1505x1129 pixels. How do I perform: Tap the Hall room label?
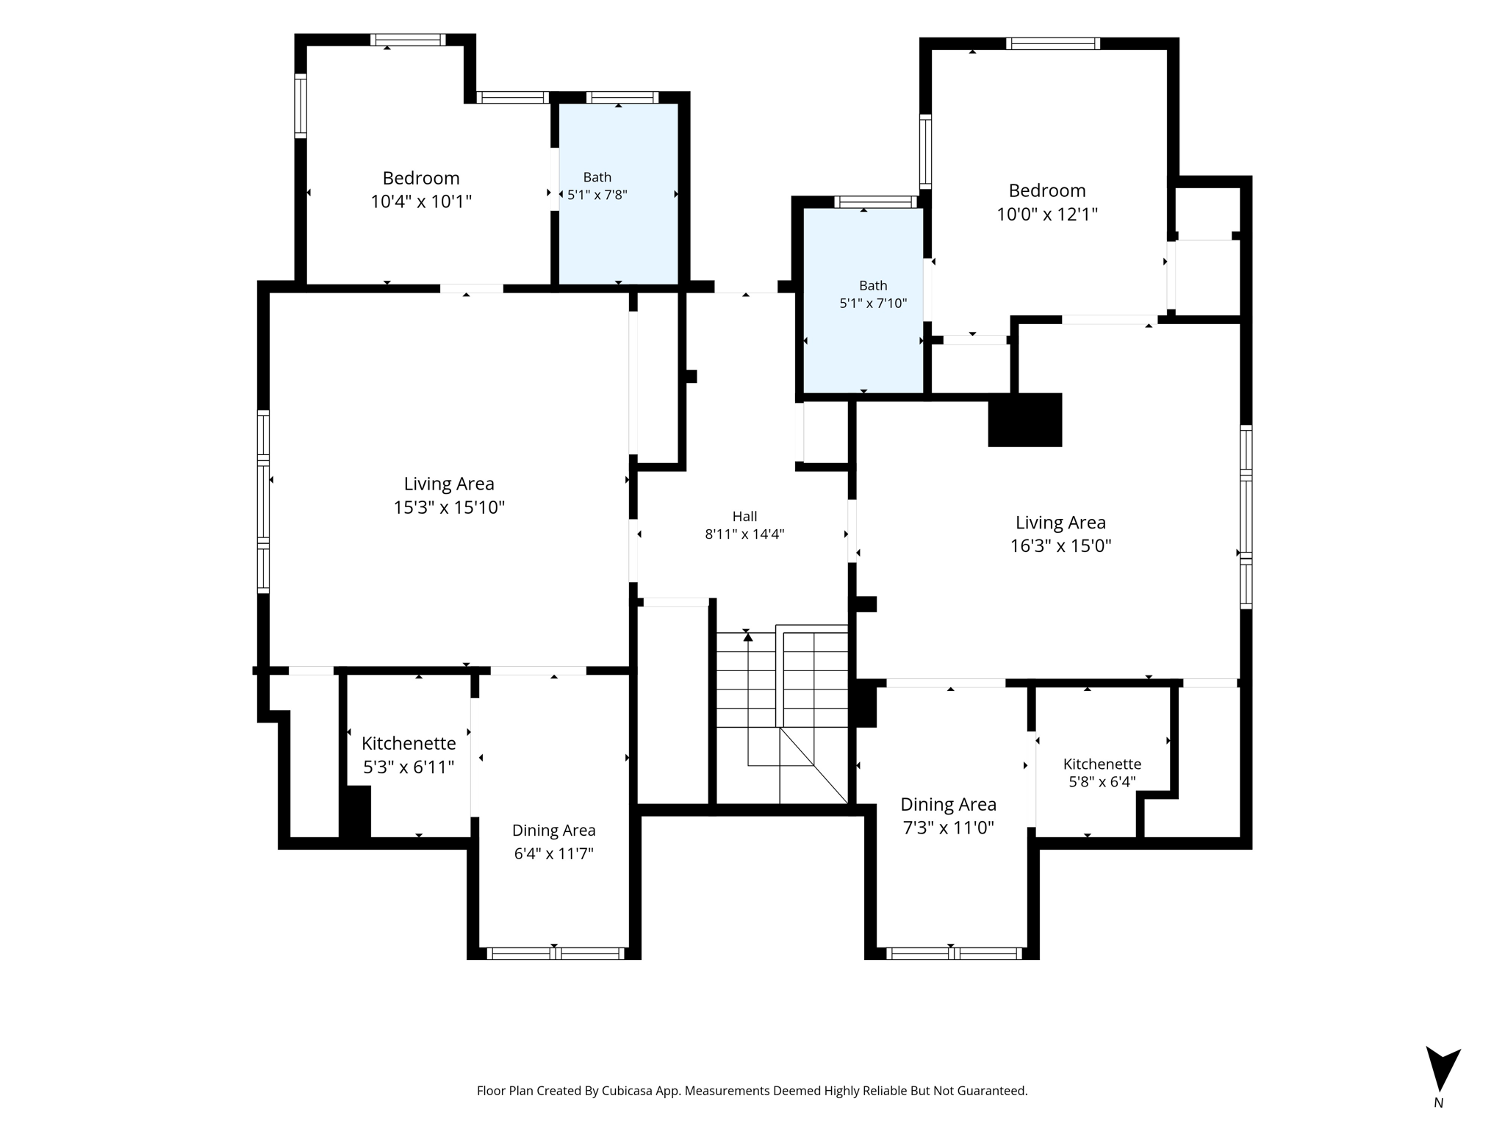click(744, 516)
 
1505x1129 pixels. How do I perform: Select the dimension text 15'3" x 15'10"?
click(449, 507)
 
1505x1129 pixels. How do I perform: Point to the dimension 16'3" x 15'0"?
click(1060, 545)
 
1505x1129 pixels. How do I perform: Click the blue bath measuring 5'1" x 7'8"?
click(618, 193)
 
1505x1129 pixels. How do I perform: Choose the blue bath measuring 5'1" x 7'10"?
click(863, 301)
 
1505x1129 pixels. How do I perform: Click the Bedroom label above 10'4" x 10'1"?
click(421, 178)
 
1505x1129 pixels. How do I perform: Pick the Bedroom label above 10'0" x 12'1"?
click(1047, 190)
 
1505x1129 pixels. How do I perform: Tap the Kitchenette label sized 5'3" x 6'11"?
click(409, 743)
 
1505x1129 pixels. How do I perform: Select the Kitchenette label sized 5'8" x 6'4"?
click(1102, 764)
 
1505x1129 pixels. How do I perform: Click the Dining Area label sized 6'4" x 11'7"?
click(554, 831)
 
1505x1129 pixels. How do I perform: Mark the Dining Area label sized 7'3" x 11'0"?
click(949, 804)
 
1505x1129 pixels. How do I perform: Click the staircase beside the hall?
click(782, 716)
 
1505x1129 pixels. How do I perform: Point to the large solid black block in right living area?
click(1025, 420)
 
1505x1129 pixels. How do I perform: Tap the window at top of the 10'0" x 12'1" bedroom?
click(1053, 43)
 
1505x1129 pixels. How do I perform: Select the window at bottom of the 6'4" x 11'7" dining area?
click(556, 953)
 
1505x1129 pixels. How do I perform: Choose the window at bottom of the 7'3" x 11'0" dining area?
click(954, 953)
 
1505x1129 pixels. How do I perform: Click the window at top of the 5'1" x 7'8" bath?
click(622, 97)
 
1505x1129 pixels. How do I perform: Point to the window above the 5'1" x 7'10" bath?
click(876, 202)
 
